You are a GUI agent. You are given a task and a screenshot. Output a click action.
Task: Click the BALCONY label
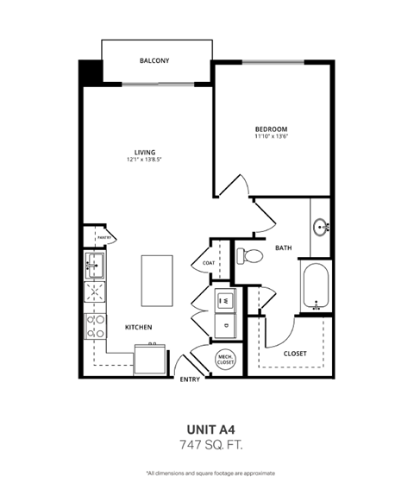154,60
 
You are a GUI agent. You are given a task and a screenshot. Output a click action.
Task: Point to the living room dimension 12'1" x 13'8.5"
144,160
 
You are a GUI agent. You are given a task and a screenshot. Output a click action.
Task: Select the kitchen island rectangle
156,279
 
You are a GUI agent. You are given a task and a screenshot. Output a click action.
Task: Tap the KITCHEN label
138,327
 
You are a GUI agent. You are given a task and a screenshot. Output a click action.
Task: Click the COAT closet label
209,263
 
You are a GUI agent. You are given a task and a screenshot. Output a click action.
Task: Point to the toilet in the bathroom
249,256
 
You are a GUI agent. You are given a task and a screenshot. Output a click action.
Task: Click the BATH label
284,248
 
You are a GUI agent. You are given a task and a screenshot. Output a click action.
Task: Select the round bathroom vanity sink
322,229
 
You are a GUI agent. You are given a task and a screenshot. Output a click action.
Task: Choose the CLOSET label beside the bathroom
295,353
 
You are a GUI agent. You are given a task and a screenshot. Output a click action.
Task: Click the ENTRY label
189,379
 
